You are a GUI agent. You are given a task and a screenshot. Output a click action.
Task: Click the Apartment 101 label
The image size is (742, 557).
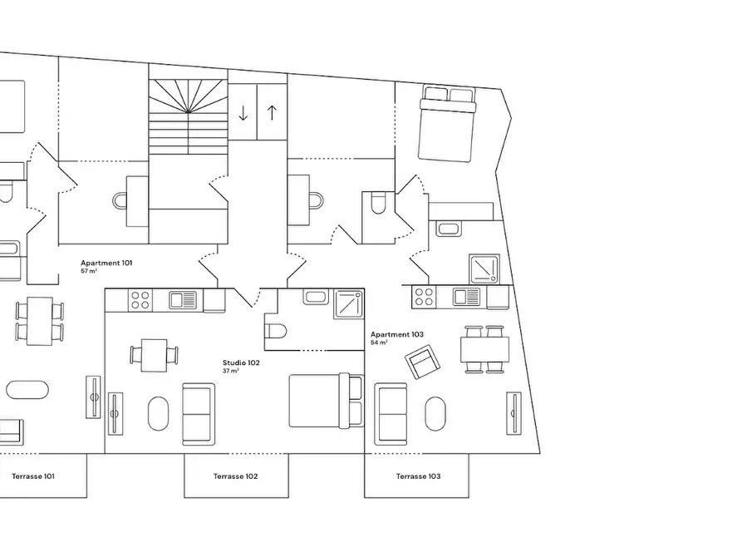click(x=106, y=263)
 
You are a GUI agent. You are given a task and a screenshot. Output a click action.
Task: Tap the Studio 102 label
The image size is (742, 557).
click(x=241, y=362)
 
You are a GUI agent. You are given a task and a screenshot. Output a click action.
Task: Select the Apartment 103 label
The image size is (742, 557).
click(x=397, y=334)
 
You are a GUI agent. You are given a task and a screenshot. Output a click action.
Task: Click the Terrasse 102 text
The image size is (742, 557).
click(x=236, y=476)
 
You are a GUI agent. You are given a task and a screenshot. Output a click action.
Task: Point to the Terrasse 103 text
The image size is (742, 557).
click(x=418, y=476)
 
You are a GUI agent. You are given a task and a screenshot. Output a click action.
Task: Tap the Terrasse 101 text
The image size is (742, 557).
click(x=33, y=476)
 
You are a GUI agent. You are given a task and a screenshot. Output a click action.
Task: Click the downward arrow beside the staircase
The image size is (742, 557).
click(x=243, y=113)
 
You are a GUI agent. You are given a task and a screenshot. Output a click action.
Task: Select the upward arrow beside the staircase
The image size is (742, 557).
click(x=272, y=112)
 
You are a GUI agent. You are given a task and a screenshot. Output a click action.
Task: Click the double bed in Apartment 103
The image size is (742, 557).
click(x=447, y=124)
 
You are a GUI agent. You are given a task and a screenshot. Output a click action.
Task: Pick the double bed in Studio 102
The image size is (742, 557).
click(x=327, y=401)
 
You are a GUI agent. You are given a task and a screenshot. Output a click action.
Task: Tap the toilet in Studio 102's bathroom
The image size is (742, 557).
click(x=275, y=331)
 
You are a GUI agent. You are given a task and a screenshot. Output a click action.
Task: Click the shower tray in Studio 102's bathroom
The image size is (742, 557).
click(x=349, y=304)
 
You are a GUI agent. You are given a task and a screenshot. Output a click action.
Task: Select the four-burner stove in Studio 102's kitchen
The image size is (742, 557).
click(x=140, y=300)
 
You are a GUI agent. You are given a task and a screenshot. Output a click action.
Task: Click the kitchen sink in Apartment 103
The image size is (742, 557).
click(x=466, y=297)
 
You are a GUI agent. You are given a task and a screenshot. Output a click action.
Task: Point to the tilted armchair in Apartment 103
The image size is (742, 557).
click(x=422, y=362)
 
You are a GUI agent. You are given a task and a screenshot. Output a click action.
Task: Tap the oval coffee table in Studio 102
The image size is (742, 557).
click(x=158, y=413)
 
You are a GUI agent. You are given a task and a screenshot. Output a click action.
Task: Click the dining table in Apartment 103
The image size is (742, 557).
click(x=484, y=349)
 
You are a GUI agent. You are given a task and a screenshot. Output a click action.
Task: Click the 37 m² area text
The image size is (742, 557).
click(x=230, y=371)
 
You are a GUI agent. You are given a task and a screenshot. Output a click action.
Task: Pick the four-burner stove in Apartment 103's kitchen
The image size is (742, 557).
click(x=424, y=297)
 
